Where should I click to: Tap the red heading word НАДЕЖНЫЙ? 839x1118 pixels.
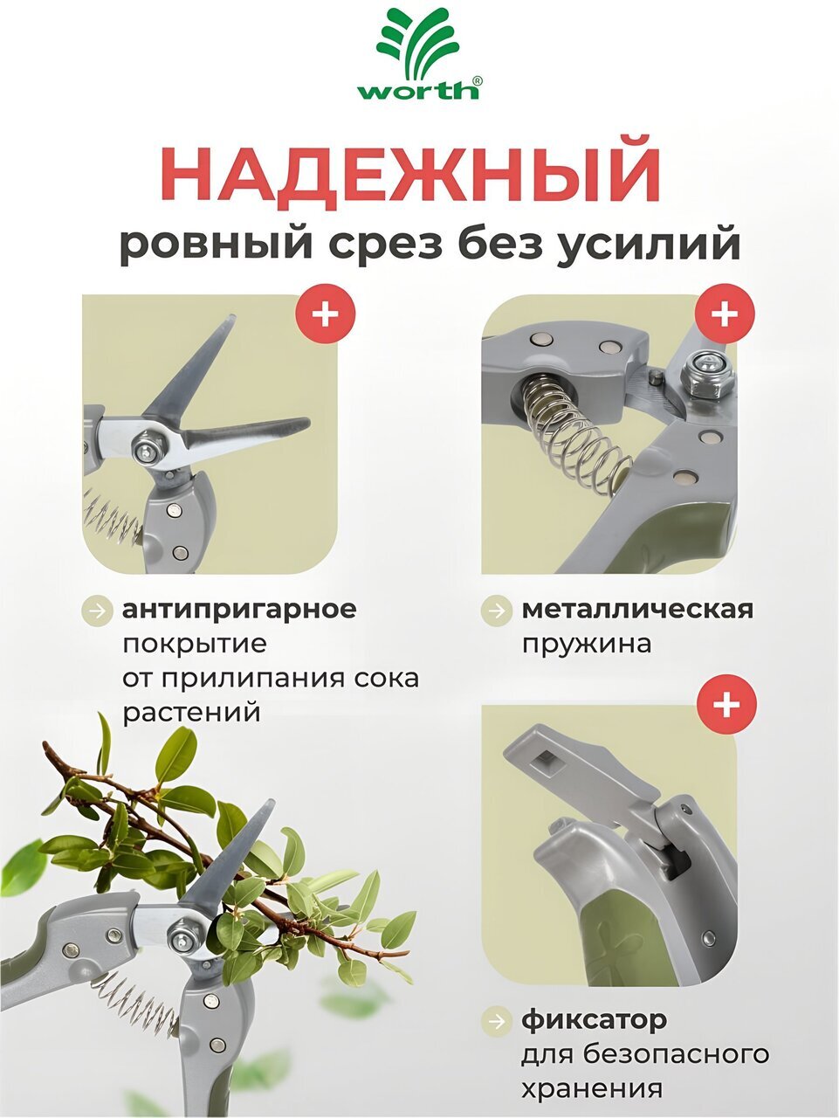point(414,176)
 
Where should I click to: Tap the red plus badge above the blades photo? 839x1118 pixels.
point(326,314)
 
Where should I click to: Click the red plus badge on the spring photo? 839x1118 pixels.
point(725,314)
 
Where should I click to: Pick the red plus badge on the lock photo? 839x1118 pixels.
point(727,704)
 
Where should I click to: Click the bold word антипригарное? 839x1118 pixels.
point(239,611)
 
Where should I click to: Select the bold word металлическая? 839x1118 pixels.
point(637,609)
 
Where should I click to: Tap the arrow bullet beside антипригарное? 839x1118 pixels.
point(97,611)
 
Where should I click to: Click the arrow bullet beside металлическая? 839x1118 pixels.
point(496,610)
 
